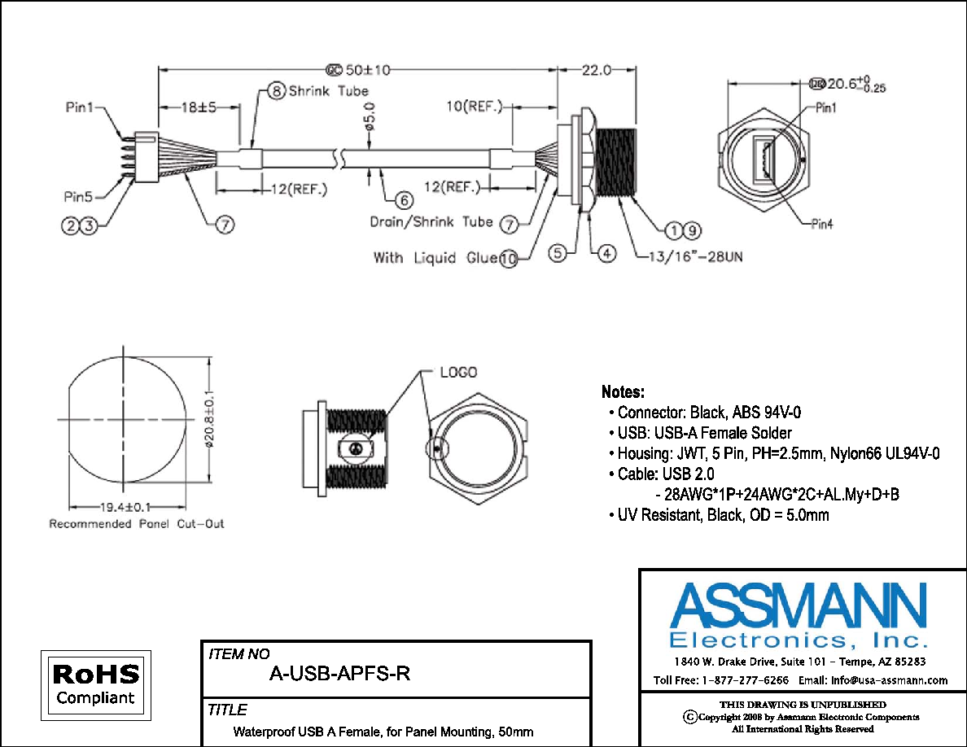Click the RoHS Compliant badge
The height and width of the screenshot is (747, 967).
click(x=95, y=685)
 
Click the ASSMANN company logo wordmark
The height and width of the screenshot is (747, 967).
click(x=799, y=606)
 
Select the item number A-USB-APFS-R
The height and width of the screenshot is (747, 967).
click(x=339, y=674)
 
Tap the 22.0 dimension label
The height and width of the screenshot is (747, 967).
click(x=597, y=70)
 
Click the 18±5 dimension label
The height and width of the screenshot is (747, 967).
click(x=199, y=107)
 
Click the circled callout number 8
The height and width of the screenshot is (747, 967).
click(x=277, y=91)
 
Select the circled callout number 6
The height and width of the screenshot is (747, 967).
click(x=404, y=200)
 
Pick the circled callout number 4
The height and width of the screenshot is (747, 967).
click(x=607, y=253)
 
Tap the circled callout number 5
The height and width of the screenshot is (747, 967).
click(x=558, y=253)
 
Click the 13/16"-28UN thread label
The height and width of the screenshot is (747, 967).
click(x=696, y=256)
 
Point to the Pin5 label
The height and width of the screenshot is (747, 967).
click(x=78, y=197)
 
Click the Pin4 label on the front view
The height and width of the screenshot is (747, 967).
click(x=822, y=225)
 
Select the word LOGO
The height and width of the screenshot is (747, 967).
click(x=459, y=372)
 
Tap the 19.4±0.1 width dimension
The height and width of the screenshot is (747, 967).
click(x=125, y=507)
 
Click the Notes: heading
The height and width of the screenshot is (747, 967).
click(x=623, y=392)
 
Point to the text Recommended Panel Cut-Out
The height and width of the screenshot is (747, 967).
click(x=136, y=524)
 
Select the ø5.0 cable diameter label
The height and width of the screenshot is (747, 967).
click(x=370, y=116)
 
